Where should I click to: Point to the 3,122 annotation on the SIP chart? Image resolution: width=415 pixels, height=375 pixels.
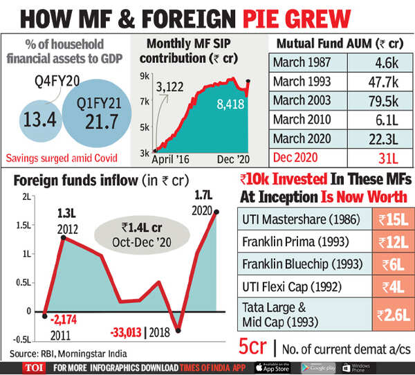click(x=172, y=86)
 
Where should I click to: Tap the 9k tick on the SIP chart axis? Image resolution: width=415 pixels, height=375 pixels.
click(x=146, y=75)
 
